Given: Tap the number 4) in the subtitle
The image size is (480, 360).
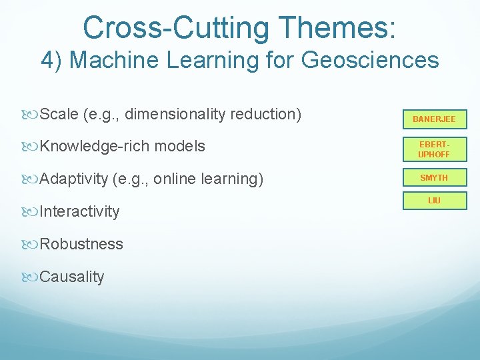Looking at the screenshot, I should click(x=53, y=60).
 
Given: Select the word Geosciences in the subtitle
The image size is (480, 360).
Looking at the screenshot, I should click(x=370, y=60).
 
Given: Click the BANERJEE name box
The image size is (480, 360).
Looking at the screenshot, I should click(x=434, y=119).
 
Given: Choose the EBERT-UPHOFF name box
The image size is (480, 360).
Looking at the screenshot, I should click(x=434, y=149).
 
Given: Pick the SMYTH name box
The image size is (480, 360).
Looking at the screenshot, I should click(x=434, y=178).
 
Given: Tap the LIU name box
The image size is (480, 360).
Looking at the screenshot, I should click(x=434, y=200).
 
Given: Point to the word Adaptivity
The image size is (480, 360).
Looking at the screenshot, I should click(x=73, y=179).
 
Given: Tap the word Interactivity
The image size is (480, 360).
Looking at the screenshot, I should click(x=79, y=211).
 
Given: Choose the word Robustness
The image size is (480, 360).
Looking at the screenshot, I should click(x=81, y=244).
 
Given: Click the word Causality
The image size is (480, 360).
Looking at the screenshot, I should click(x=72, y=277).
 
